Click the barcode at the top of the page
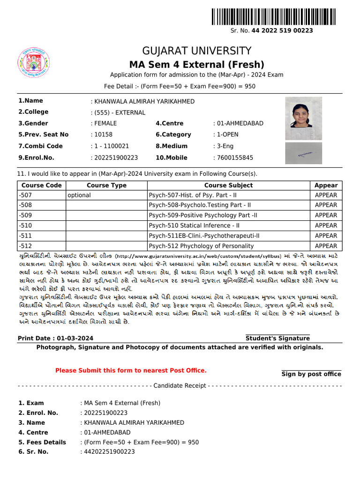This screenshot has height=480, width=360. tap(276, 16)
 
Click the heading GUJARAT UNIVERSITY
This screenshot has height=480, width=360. tap(197, 51)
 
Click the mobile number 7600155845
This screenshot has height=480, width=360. tap(234, 158)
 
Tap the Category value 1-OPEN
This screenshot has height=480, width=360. tap(227, 135)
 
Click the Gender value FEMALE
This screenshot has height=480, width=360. tap(105, 123)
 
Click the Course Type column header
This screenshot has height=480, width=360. tap(106, 185)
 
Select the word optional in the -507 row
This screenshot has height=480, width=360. tap(79, 195)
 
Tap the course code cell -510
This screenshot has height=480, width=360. tap(25, 225)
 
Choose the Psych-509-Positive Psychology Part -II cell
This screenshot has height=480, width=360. tap(203, 215)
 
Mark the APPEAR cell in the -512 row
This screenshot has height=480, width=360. tap(326, 246)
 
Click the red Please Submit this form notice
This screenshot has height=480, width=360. tap(131, 371)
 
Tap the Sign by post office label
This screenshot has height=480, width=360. tap(311, 374)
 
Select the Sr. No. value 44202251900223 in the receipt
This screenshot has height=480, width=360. tap(108, 452)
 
